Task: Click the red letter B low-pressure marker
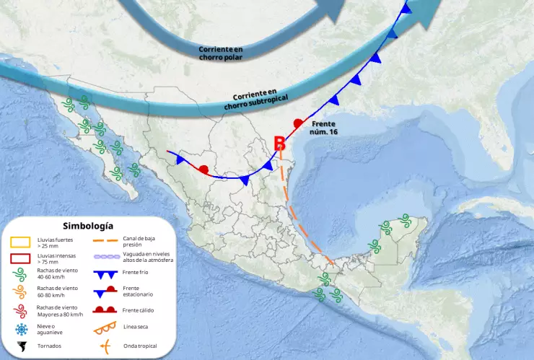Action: pyautogui.click(x=281, y=144)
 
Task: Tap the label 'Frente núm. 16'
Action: pyautogui.click(x=324, y=128)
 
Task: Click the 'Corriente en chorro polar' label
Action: pyautogui.click(x=221, y=53)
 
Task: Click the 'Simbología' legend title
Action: pyautogui.click(x=88, y=227)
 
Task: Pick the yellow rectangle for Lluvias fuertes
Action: pyautogui.click(x=20, y=242)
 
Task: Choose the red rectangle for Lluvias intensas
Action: pyautogui.click(x=20, y=258)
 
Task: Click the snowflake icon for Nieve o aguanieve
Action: pyautogui.click(x=20, y=329)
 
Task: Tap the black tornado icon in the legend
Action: pyautogui.click(x=20, y=346)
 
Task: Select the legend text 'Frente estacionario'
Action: pyautogui.click(x=139, y=291)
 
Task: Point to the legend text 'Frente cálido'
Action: pyautogui.click(x=139, y=310)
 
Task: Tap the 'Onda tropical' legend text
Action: pyautogui.click(x=140, y=346)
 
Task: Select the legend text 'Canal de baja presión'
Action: pyautogui.click(x=139, y=241)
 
